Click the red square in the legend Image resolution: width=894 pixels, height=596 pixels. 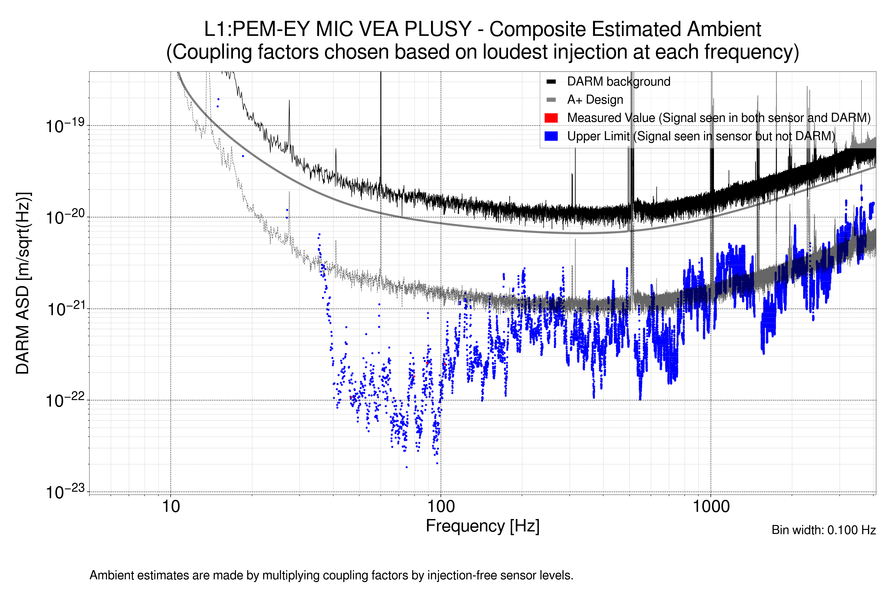(551, 118)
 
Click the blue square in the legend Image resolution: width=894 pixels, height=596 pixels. (551, 136)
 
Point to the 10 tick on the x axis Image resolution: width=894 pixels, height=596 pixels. (171, 507)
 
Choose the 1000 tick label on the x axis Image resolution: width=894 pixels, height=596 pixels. (711, 507)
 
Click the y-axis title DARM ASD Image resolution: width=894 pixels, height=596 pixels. (23, 283)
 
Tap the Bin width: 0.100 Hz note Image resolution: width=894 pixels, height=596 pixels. (823, 530)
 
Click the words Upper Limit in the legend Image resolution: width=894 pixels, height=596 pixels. (598, 136)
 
